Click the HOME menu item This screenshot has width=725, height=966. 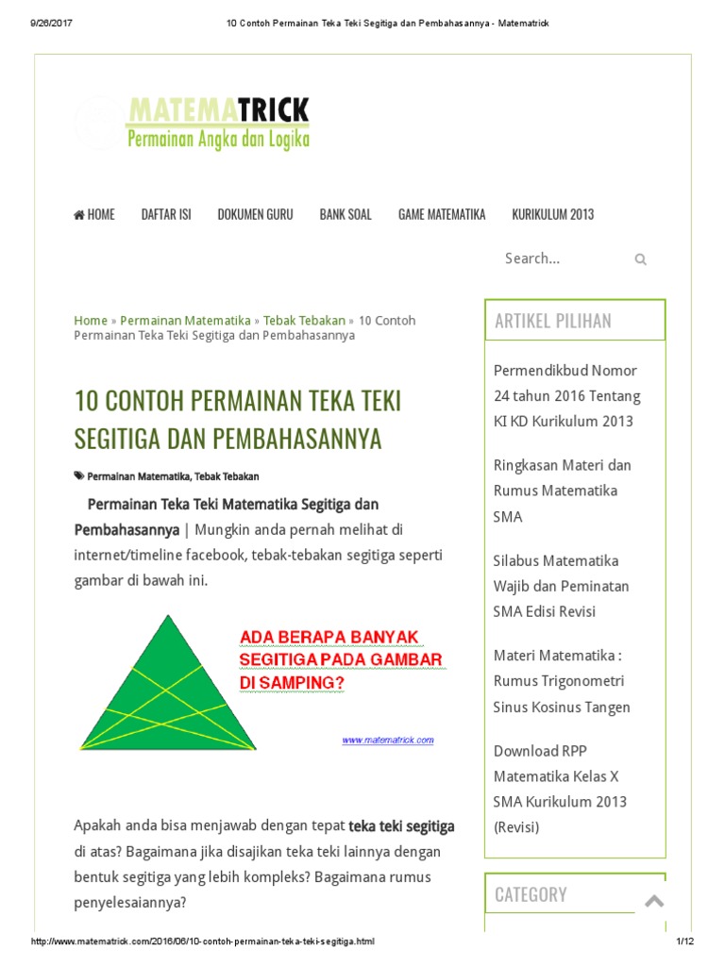coord(94,214)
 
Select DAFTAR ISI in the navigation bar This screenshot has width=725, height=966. coord(166,214)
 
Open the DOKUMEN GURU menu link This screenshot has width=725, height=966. coord(255,214)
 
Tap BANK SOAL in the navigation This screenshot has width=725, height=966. coord(346,214)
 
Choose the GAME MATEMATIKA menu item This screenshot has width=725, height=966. coord(442,214)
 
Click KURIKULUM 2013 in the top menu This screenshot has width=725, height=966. coord(553,214)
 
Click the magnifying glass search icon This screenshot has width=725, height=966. coord(640,259)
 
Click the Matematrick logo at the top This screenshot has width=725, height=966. coord(217,124)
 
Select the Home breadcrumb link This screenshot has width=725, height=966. coord(91,321)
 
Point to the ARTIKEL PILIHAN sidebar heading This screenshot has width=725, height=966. coord(553,321)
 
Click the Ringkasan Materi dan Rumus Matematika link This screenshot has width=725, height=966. coord(563,491)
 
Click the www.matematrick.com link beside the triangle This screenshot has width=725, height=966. coord(388,740)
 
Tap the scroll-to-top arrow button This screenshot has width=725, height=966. coord(653,901)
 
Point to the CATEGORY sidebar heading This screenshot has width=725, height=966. coord(531,894)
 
